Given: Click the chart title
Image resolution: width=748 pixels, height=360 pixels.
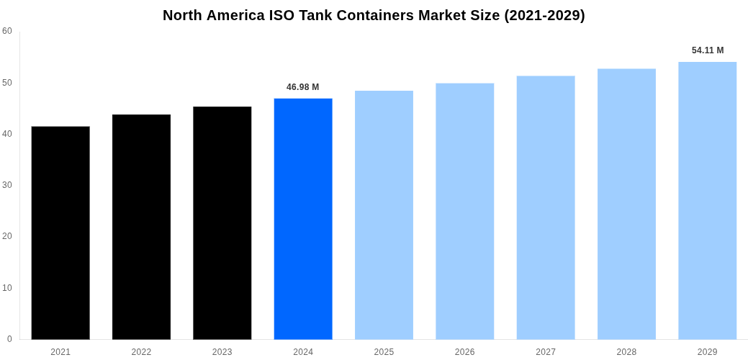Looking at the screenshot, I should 374,15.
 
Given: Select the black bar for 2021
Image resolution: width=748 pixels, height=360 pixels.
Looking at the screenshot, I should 60,233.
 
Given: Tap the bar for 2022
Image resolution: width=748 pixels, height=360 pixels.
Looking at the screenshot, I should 141,227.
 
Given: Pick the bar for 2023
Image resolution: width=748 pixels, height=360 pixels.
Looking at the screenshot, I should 222,222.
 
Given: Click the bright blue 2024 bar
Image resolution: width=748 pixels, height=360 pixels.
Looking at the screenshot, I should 303,219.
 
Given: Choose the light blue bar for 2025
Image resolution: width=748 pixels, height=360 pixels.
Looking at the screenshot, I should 384,215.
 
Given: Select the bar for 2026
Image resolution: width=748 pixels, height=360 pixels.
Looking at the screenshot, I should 465,211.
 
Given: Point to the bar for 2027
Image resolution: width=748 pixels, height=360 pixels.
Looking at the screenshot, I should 546,207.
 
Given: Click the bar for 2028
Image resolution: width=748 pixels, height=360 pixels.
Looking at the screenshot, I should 626,204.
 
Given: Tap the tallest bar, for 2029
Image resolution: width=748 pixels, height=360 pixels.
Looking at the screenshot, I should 707,200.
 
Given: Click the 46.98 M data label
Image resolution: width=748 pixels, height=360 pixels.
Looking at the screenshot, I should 302,87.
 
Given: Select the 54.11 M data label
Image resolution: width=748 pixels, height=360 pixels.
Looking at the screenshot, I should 708,50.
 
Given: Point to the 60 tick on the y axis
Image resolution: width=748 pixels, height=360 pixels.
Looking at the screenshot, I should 7,31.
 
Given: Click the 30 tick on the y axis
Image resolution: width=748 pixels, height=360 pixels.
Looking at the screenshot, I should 7,185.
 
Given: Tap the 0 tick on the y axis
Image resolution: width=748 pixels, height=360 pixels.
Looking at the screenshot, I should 9,339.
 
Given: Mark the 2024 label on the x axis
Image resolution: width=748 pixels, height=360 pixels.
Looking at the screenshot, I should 303,352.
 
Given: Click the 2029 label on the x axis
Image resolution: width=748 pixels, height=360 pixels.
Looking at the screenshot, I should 707,352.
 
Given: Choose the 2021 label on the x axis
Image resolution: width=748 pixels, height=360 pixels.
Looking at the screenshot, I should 60,352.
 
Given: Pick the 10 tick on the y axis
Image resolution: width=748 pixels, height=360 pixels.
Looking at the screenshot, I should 7,288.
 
